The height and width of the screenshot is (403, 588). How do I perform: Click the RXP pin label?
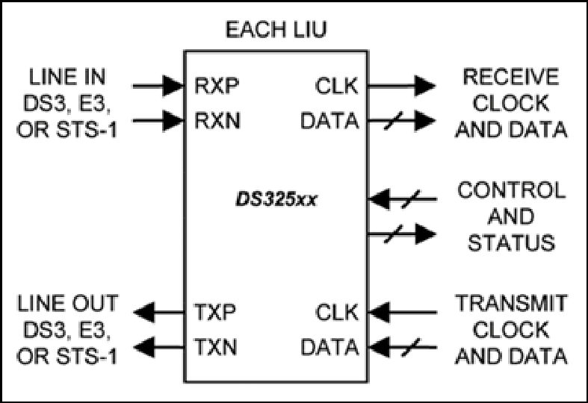217,86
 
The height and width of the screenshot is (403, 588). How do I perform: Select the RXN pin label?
217,121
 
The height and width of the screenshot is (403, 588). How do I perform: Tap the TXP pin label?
215,312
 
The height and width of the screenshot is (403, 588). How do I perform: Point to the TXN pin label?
216,347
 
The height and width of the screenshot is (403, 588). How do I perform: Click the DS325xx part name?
276,199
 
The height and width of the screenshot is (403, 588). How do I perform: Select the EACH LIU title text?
276,30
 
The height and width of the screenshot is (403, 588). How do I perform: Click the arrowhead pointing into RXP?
173,86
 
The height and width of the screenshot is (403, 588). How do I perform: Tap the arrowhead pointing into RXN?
173,121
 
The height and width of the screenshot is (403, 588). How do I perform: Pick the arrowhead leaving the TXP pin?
144,312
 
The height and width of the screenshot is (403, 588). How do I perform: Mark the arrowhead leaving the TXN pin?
144,347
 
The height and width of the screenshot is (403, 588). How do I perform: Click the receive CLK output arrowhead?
425,86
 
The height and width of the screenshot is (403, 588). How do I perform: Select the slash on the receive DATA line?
394,121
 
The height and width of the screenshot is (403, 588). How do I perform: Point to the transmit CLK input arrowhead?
379,312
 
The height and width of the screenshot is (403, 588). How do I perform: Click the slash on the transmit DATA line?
411,347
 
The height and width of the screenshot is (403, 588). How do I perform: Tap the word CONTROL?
511,190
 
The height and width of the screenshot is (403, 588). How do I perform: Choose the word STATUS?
511,243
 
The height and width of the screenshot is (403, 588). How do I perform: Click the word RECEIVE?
511,77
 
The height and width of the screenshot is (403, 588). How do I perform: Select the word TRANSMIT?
511,303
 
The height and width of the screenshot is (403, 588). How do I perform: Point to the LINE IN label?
67,77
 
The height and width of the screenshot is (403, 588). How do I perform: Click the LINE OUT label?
67,303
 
